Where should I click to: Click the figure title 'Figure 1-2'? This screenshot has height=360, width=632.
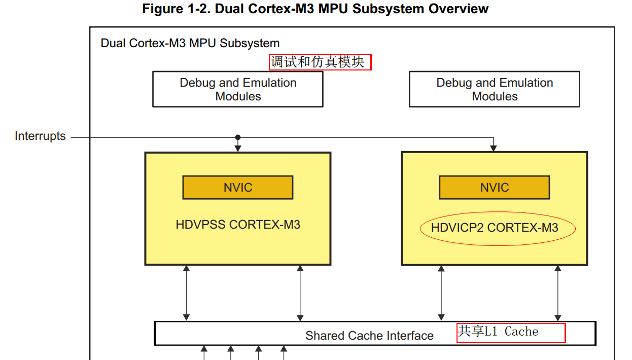(x=175, y=9)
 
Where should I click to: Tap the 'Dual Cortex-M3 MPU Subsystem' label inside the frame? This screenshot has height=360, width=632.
(x=190, y=43)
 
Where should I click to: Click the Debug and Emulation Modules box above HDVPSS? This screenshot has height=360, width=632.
(x=238, y=89)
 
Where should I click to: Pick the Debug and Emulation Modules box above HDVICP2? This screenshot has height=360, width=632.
(x=495, y=89)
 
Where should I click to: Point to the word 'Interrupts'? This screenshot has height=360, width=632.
(x=40, y=136)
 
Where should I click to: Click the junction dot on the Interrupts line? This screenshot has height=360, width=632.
(x=238, y=137)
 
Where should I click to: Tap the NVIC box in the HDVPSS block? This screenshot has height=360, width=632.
(x=238, y=188)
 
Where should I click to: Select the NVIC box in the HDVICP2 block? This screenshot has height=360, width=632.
(x=495, y=188)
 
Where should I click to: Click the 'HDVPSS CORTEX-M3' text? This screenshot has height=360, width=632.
(x=238, y=225)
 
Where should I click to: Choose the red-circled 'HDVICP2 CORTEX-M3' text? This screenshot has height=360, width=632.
(x=495, y=228)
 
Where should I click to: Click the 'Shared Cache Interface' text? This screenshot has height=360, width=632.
(x=369, y=336)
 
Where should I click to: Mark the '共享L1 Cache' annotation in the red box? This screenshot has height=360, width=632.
(x=498, y=331)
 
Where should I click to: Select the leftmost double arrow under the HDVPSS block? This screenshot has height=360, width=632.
(x=186, y=293)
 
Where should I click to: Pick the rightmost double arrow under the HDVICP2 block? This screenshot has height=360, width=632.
(x=558, y=294)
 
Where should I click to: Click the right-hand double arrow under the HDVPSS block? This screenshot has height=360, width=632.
(x=300, y=293)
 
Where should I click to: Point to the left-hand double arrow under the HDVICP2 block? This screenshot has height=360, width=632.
(x=441, y=294)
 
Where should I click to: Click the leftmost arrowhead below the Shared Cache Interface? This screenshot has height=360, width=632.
(x=204, y=349)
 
